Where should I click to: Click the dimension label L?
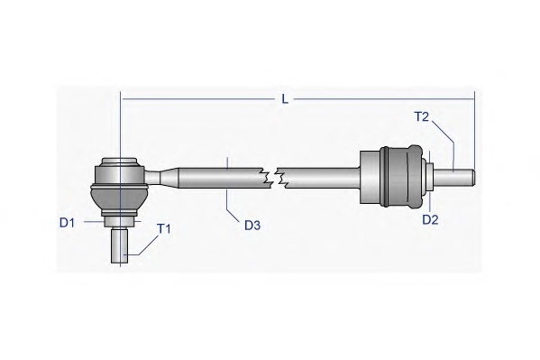pyautogui.click(x=285, y=99)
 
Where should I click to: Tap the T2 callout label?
pyautogui.click(x=421, y=117)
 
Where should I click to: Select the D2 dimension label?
pyautogui.click(x=430, y=219)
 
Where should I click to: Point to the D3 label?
pyautogui.click(x=252, y=226)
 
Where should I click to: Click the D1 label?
pyautogui.click(x=67, y=223)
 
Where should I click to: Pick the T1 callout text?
pyautogui.click(x=163, y=228)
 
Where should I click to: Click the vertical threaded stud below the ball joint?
pyautogui.click(x=120, y=246)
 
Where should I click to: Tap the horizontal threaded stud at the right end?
pyautogui.click(x=454, y=177)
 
